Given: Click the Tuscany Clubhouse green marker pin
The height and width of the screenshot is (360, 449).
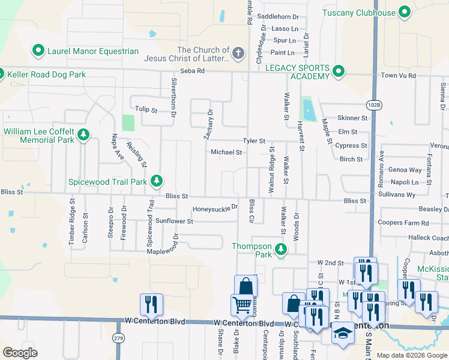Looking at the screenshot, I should [x=405, y=12].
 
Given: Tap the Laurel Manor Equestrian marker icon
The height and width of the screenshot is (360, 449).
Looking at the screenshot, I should [x=38, y=51].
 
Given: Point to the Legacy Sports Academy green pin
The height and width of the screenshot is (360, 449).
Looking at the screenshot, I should [x=339, y=72].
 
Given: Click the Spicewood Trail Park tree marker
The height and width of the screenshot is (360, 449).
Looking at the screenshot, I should [x=157, y=181].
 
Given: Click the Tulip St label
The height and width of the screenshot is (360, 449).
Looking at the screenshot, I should [x=146, y=110].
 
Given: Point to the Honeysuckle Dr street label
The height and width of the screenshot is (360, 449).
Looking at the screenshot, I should [x=215, y=209].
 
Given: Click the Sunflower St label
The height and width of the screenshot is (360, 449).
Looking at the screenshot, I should [x=174, y=221].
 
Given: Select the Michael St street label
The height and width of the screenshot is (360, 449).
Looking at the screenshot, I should [x=226, y=152].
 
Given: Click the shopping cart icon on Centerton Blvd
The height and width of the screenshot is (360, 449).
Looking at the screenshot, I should [x=241, y=305].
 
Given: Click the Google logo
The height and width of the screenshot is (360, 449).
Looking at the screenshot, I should [x=20, y=352].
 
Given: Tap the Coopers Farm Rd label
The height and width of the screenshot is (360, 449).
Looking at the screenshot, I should [x=403, y=223].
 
